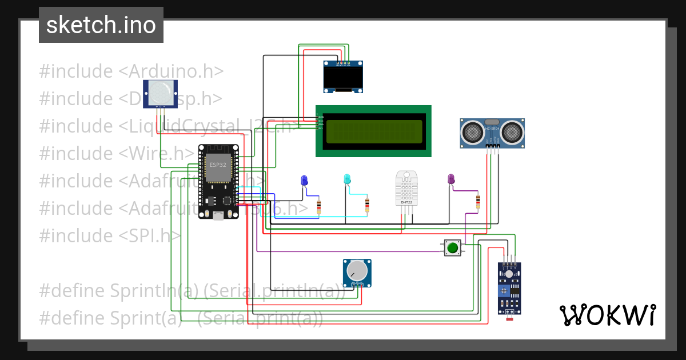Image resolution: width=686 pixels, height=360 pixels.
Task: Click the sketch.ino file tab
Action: (101, 25)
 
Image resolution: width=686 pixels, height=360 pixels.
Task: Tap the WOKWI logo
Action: (607, 315)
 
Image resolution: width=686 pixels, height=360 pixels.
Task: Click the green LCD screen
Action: (373, 131)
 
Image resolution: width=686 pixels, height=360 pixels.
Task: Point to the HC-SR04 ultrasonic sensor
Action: (492, 133)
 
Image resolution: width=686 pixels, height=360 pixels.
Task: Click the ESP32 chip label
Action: (217, 165)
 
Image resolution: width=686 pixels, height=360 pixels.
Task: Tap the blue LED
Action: (304, 181)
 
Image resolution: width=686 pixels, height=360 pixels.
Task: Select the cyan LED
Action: (346, 179)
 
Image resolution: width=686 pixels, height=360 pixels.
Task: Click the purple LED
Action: (450, 179)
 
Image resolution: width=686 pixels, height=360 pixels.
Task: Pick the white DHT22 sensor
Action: (406, 188)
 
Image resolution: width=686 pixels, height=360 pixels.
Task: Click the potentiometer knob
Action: (357, 270)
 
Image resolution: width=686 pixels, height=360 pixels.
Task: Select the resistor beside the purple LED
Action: (478, 201)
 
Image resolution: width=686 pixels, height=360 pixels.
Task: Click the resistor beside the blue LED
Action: (319, 206)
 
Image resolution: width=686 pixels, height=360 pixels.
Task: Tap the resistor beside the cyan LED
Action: (367, 205)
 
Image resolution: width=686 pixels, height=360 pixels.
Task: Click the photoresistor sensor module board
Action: (509, 289)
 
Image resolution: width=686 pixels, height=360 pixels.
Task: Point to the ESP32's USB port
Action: (218, 215)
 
